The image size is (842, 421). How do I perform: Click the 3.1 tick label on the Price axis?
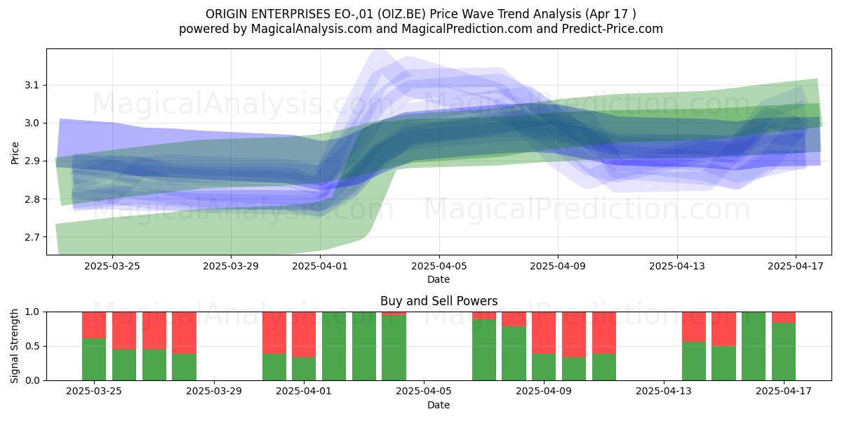pyautogui.click(x=32, y=86)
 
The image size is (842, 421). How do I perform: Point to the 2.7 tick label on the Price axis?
pyautogui.click(x=32, y=237)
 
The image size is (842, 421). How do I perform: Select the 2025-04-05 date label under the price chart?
pyautogui.click(x=439, y=266)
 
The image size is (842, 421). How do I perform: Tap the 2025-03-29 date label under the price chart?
pyautogui.click(x=231, y=266)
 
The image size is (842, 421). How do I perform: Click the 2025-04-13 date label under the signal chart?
pyautogui.click(x=664, y=391)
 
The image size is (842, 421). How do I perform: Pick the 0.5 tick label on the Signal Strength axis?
pyautogui.click(x=32, y=346)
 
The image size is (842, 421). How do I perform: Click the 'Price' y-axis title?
pyautogui.click(x=15, y=153)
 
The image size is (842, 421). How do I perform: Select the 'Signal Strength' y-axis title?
pyautogui.click(x=14, y=346)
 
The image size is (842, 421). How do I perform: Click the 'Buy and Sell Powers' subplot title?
pyautogui.click(x=439, y=301)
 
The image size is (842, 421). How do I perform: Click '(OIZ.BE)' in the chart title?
pyautogui.click(x=401, y=14)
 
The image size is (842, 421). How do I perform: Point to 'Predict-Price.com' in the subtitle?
pyautogui.click(x=613, y=29)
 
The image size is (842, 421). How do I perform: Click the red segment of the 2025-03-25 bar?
pyautogui.click(x=94, y=325)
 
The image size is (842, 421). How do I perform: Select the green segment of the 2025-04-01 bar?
pyautogui.click(x=304, y=368)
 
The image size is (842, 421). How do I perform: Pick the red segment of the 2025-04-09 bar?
pyautogui.click(x=544, y=333)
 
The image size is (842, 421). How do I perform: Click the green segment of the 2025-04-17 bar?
pyautogui.click(x=784, y=352)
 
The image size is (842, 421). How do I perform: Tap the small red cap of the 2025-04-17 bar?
pyautogui.click(x=784, y=317)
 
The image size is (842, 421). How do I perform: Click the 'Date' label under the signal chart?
pyautogui.click(x=439, y=405)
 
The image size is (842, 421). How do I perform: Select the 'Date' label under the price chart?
pyautogui.click(x=439, y=279)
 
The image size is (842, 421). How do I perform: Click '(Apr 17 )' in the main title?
pyautogui.click(x=611, y=14)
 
